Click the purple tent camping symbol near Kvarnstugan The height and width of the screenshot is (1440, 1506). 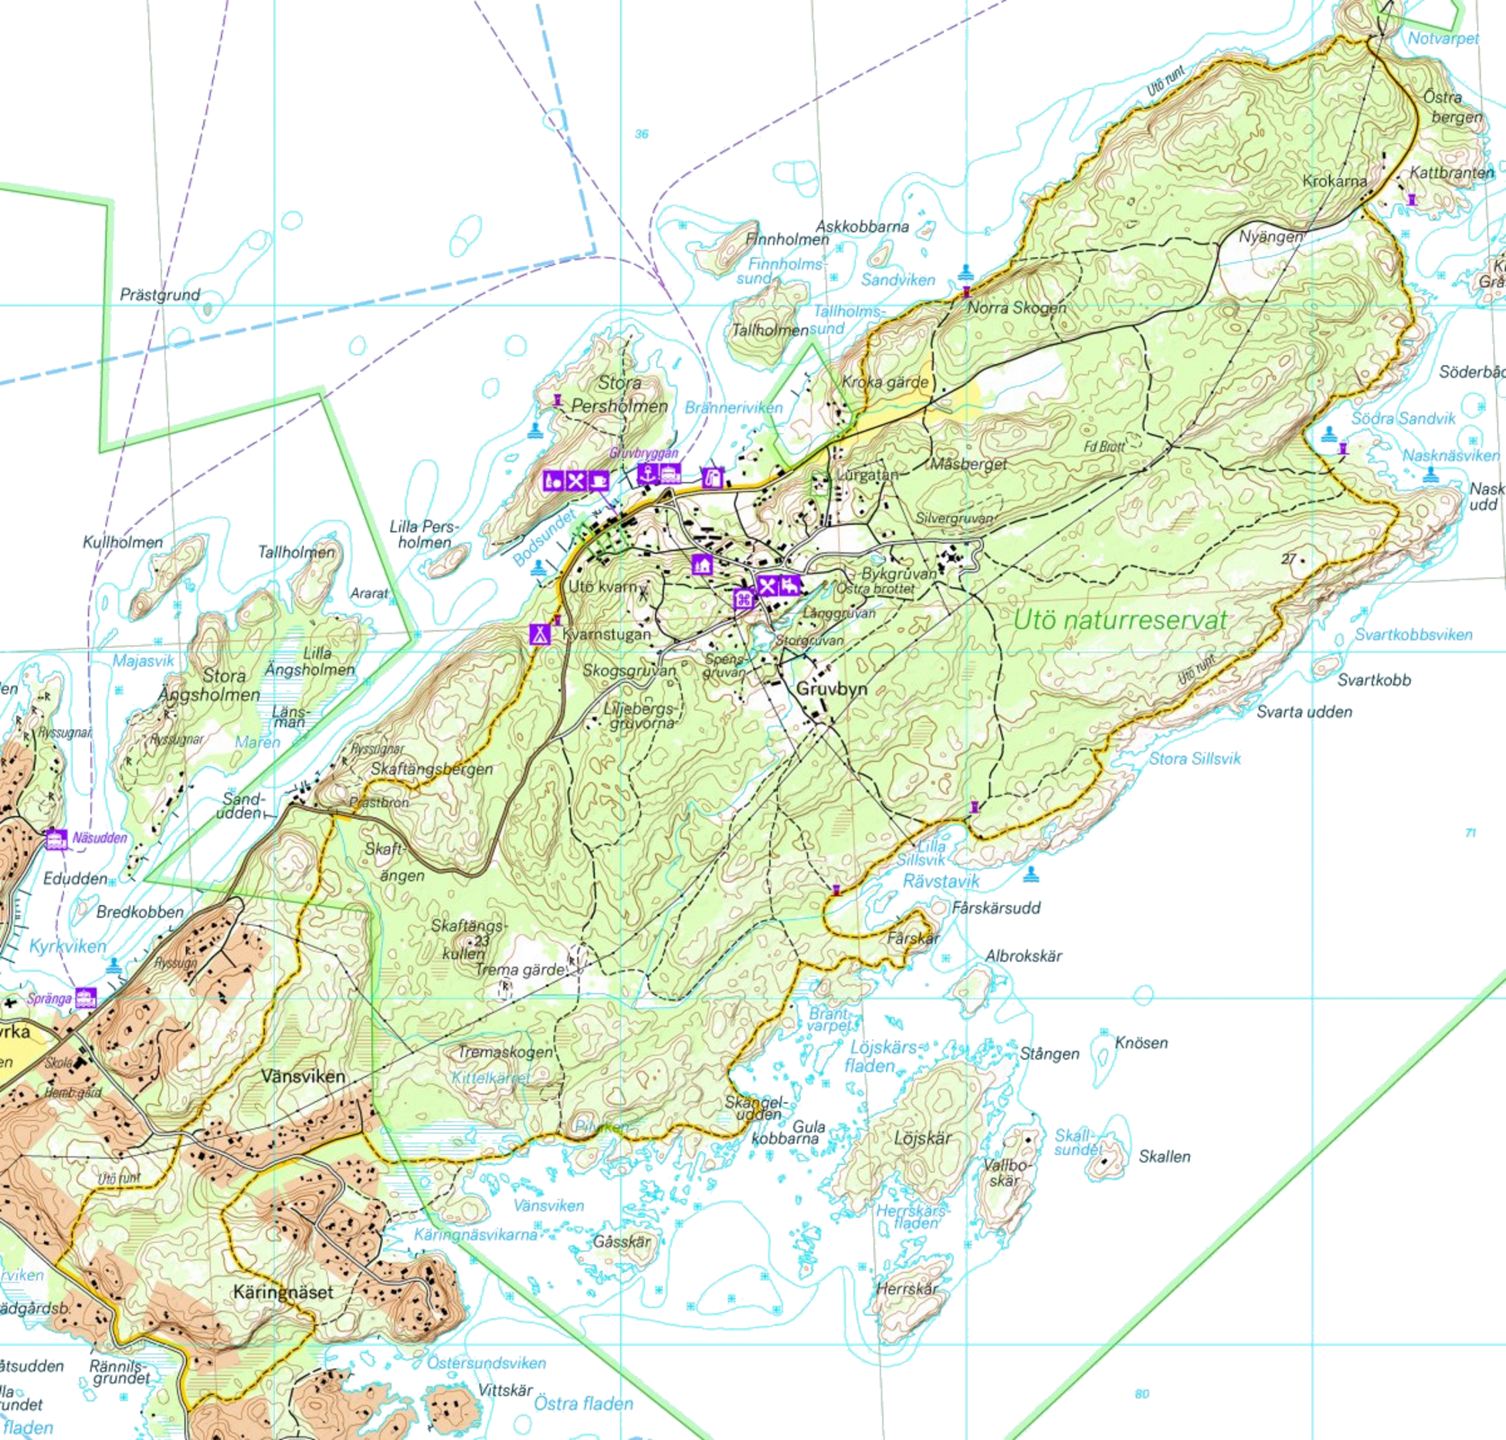click(x=538, y=634)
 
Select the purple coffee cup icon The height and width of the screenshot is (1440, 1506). click(x=599, y=481)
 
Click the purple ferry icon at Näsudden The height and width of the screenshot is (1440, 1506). click(x=55, y=838)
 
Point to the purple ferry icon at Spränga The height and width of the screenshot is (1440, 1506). click(x=86, y=997)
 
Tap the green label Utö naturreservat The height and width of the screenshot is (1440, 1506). click(x=1120, y=620)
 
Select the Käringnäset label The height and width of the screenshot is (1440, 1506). click(x=283, y=1291)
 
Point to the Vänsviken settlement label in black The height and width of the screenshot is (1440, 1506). click(x=303, y=1075)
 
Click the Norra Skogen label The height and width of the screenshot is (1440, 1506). click(x=1016, y=307)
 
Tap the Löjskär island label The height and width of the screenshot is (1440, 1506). click(x=922, y=1138)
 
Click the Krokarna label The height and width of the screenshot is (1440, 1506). click(x=1334, y=181)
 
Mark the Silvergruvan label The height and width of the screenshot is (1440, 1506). click(x=955, y=518)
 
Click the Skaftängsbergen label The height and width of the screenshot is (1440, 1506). click(x=431, y=769)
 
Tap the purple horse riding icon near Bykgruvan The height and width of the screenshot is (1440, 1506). click(x=789, y=585)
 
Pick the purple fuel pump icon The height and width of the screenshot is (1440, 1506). click(x=711, y=477)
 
